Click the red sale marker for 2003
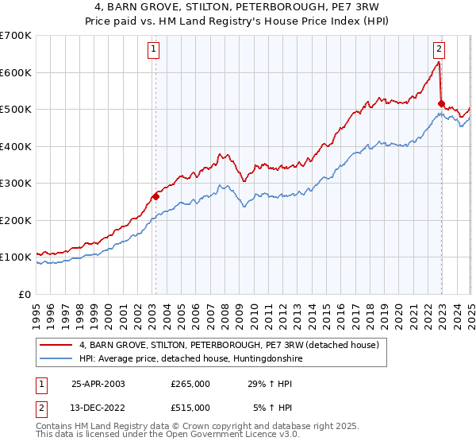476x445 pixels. (x=155, y=196)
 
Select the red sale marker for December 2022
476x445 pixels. (x=441, y=103)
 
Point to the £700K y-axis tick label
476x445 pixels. (x=16, y=36)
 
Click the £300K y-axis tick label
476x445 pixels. (x=16, y=184)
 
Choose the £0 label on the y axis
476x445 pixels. (x=26, y=294)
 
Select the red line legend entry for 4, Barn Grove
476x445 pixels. (x=230, y=345)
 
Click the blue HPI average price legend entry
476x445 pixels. (x=190, y=359)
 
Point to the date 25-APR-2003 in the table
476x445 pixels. (x=98, y=384)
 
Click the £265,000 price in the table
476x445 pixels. (x=190, y=384)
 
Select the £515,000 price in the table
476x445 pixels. (x=190, y=408)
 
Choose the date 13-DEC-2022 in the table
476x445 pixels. (x=98, y=408)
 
